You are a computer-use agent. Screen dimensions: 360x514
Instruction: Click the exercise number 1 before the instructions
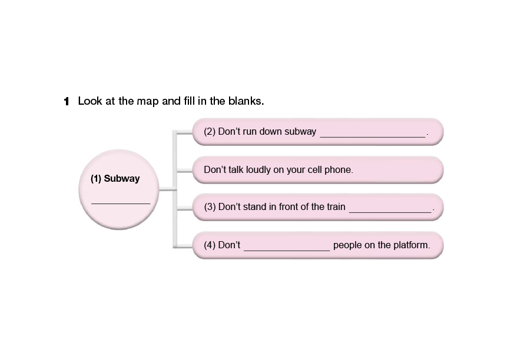tap(67, 101)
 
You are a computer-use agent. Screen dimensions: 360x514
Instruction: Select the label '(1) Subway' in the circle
tap(115, 178)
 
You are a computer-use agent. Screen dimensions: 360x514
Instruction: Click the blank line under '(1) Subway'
tap(121, 202)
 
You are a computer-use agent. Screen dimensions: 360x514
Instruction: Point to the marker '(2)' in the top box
tap(209, 132)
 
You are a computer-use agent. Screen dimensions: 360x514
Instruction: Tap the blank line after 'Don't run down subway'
tap(372, 135)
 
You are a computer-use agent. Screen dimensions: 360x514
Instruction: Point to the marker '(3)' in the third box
tap(209, 207)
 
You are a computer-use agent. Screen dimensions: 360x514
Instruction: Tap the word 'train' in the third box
tap(334, 207)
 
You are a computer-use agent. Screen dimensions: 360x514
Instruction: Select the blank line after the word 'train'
tap(390, 210)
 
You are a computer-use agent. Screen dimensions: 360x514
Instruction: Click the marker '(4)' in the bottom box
tap(209, 245)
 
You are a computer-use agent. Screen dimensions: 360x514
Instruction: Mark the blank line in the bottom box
tap(287, 249)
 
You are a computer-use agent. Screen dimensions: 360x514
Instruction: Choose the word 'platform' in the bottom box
tap(412, 245)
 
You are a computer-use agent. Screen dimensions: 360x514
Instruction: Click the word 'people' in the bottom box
tap(347, 245)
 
